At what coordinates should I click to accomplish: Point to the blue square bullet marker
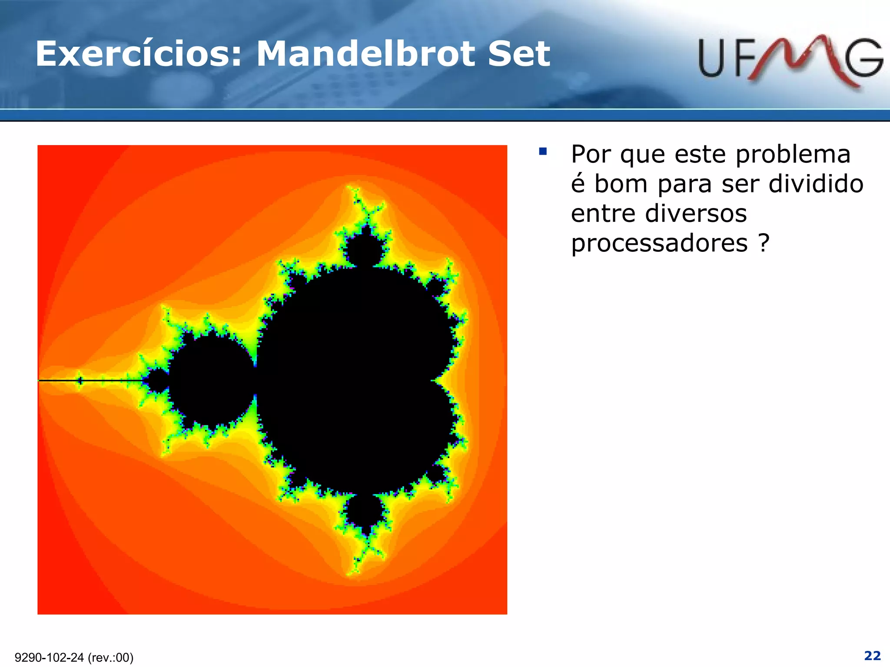click(x=542, y=152)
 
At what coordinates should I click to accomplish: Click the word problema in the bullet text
click(x=793, y=155)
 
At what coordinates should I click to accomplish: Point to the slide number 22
click(x=872, y=655)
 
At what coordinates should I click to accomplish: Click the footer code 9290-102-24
click(x=49, y=657)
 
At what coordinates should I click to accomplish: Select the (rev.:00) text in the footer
click(x=110, y=657)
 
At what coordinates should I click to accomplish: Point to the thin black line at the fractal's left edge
click(x=87, y=381)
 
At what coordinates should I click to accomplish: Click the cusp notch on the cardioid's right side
click(x=435, y=380)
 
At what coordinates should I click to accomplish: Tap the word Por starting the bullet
click(x=591, y=155)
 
